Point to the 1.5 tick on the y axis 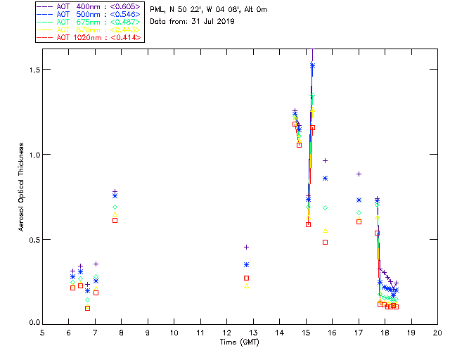(x=32, y=70)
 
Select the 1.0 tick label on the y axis (x=32, y=155)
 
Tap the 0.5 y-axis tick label (x=32, y=240)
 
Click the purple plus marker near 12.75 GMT (x=246, y=247)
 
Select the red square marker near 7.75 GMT (x=115, y=220)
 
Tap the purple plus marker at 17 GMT (x=359, y=174)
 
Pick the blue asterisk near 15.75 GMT (x=325, y=178)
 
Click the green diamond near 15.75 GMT (x=325, y=208)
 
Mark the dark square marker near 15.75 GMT (x=325, y=242)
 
